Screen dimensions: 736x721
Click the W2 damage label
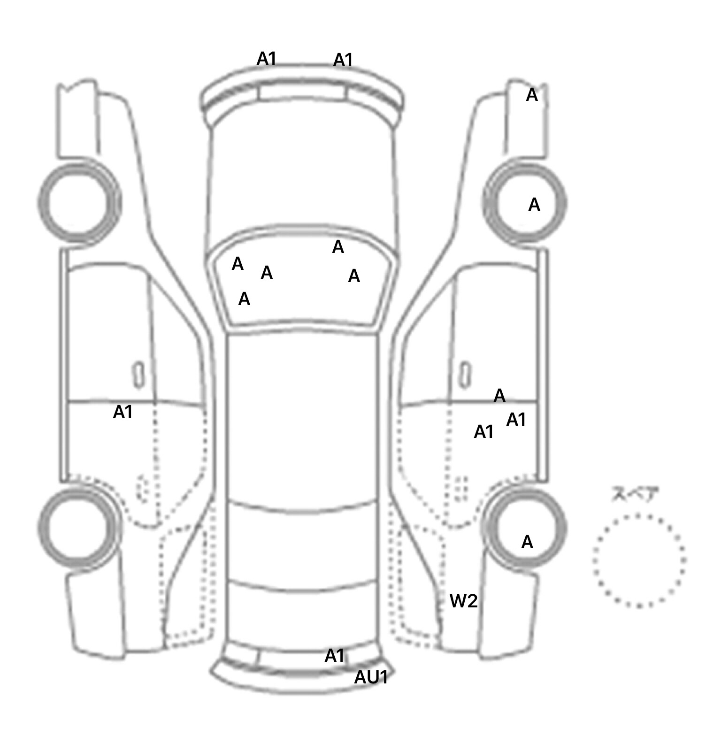(463, 601)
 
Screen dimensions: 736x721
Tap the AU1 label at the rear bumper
(371, 677)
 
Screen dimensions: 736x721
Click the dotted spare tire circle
(638, 560)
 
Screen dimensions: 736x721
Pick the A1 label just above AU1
(334, 655)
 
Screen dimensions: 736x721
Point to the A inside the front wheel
(534, 205)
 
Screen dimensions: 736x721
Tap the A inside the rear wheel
(527, 542)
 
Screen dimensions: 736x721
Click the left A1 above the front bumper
(266, 59)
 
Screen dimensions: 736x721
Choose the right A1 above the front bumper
(343, 60)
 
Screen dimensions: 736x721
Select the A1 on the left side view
(123, 412)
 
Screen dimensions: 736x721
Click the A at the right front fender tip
(531, 95)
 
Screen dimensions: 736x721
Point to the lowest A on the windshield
(244, 299)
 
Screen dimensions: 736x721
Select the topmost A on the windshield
(338, 247)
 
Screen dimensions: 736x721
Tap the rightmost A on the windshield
(354, 276)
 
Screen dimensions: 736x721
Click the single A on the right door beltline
(499, 396)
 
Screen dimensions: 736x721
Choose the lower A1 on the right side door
(483, 431)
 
